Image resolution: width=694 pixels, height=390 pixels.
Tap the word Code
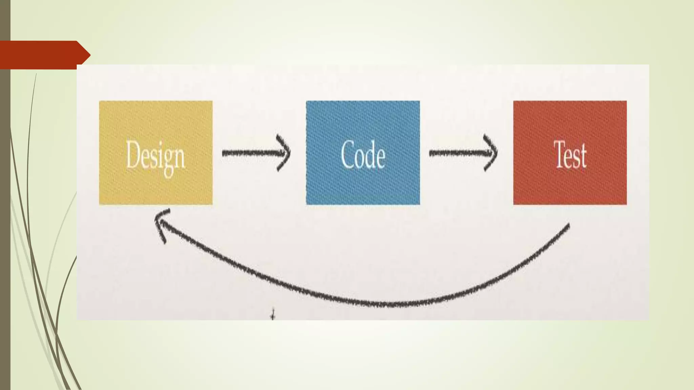click(363, 155)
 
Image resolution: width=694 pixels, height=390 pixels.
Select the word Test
click(570, 155)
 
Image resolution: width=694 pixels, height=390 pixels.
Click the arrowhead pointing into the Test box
click(491, 153)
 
